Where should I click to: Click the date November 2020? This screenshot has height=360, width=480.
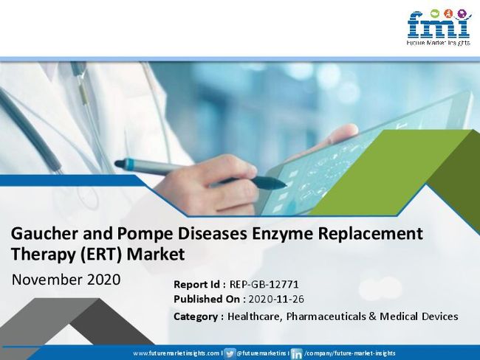66,280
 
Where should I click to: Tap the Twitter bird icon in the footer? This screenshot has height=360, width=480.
230,353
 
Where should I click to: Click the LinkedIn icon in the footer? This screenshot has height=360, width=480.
296,353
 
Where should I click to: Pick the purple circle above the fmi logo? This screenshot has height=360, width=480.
462,13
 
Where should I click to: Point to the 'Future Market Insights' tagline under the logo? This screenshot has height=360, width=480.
438,43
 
